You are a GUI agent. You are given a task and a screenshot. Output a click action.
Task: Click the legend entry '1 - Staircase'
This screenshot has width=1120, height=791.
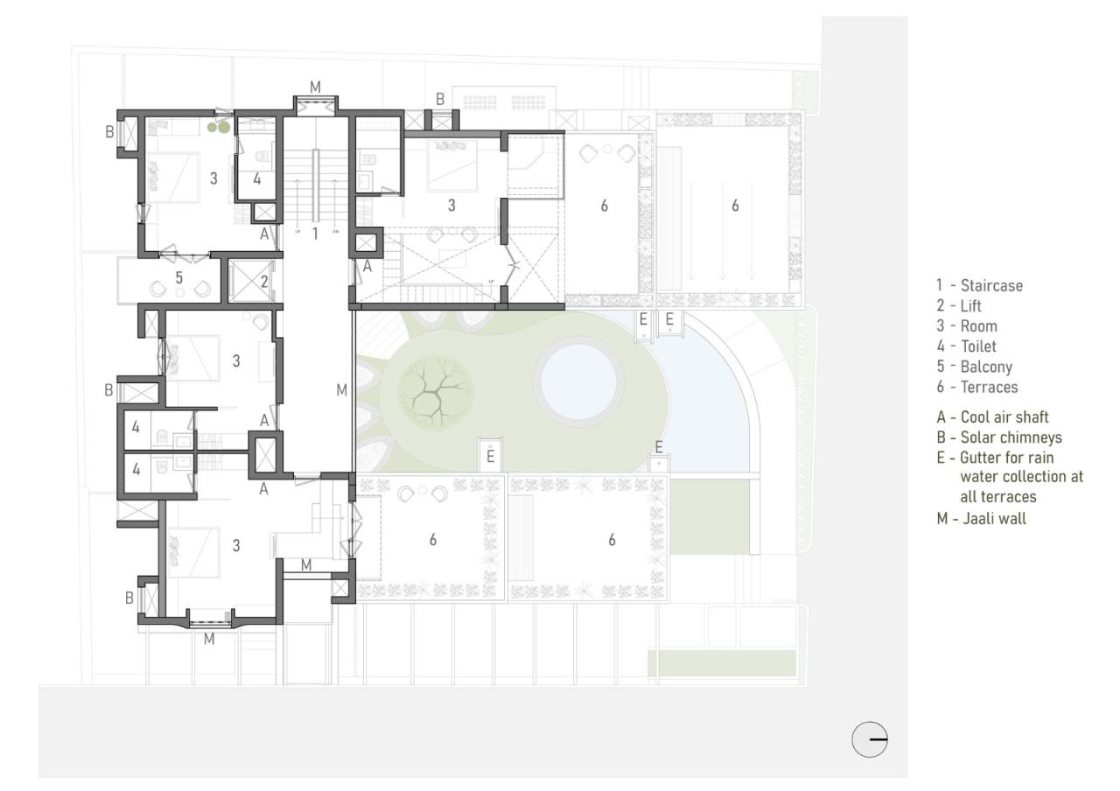pyautogui.click(x=979, y=285)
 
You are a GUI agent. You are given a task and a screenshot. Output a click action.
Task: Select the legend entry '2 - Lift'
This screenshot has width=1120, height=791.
pyautogui.click(x=959, y=306)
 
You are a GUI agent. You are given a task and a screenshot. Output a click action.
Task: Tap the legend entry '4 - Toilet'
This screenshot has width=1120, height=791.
pyautogui.click(x=966, y=346)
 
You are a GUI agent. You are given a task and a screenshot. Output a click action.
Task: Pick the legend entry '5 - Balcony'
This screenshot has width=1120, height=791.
pyautogui.click(x=973, y=367)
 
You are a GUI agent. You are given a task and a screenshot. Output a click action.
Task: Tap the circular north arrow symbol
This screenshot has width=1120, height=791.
pyautogui.click(x=870, y=739)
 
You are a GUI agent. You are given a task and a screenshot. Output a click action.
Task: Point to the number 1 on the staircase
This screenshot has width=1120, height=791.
pyautogui.click(x=315, y=233)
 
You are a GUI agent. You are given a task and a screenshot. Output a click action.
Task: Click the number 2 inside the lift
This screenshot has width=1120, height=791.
pyautogui.click(x=264, y=282)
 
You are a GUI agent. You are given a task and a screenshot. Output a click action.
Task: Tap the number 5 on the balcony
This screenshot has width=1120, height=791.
pyautogui.click(x=178, y=277)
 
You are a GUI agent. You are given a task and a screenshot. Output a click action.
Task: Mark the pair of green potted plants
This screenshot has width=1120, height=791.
pyautogui.click(x=219, y=127)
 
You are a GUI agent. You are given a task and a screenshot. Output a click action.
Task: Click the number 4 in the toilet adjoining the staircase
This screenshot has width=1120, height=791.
pyautogui.click(x=256, y=178)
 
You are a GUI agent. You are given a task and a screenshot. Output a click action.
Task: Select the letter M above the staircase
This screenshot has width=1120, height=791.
pyautogui.click(x=315, y=86)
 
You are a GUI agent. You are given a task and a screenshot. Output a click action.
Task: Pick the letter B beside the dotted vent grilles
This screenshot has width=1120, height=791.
pyautogui.click(x=441, y=99)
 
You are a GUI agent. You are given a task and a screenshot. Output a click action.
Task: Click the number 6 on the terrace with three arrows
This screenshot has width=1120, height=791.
pyautogui.click(x=735, y=205)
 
